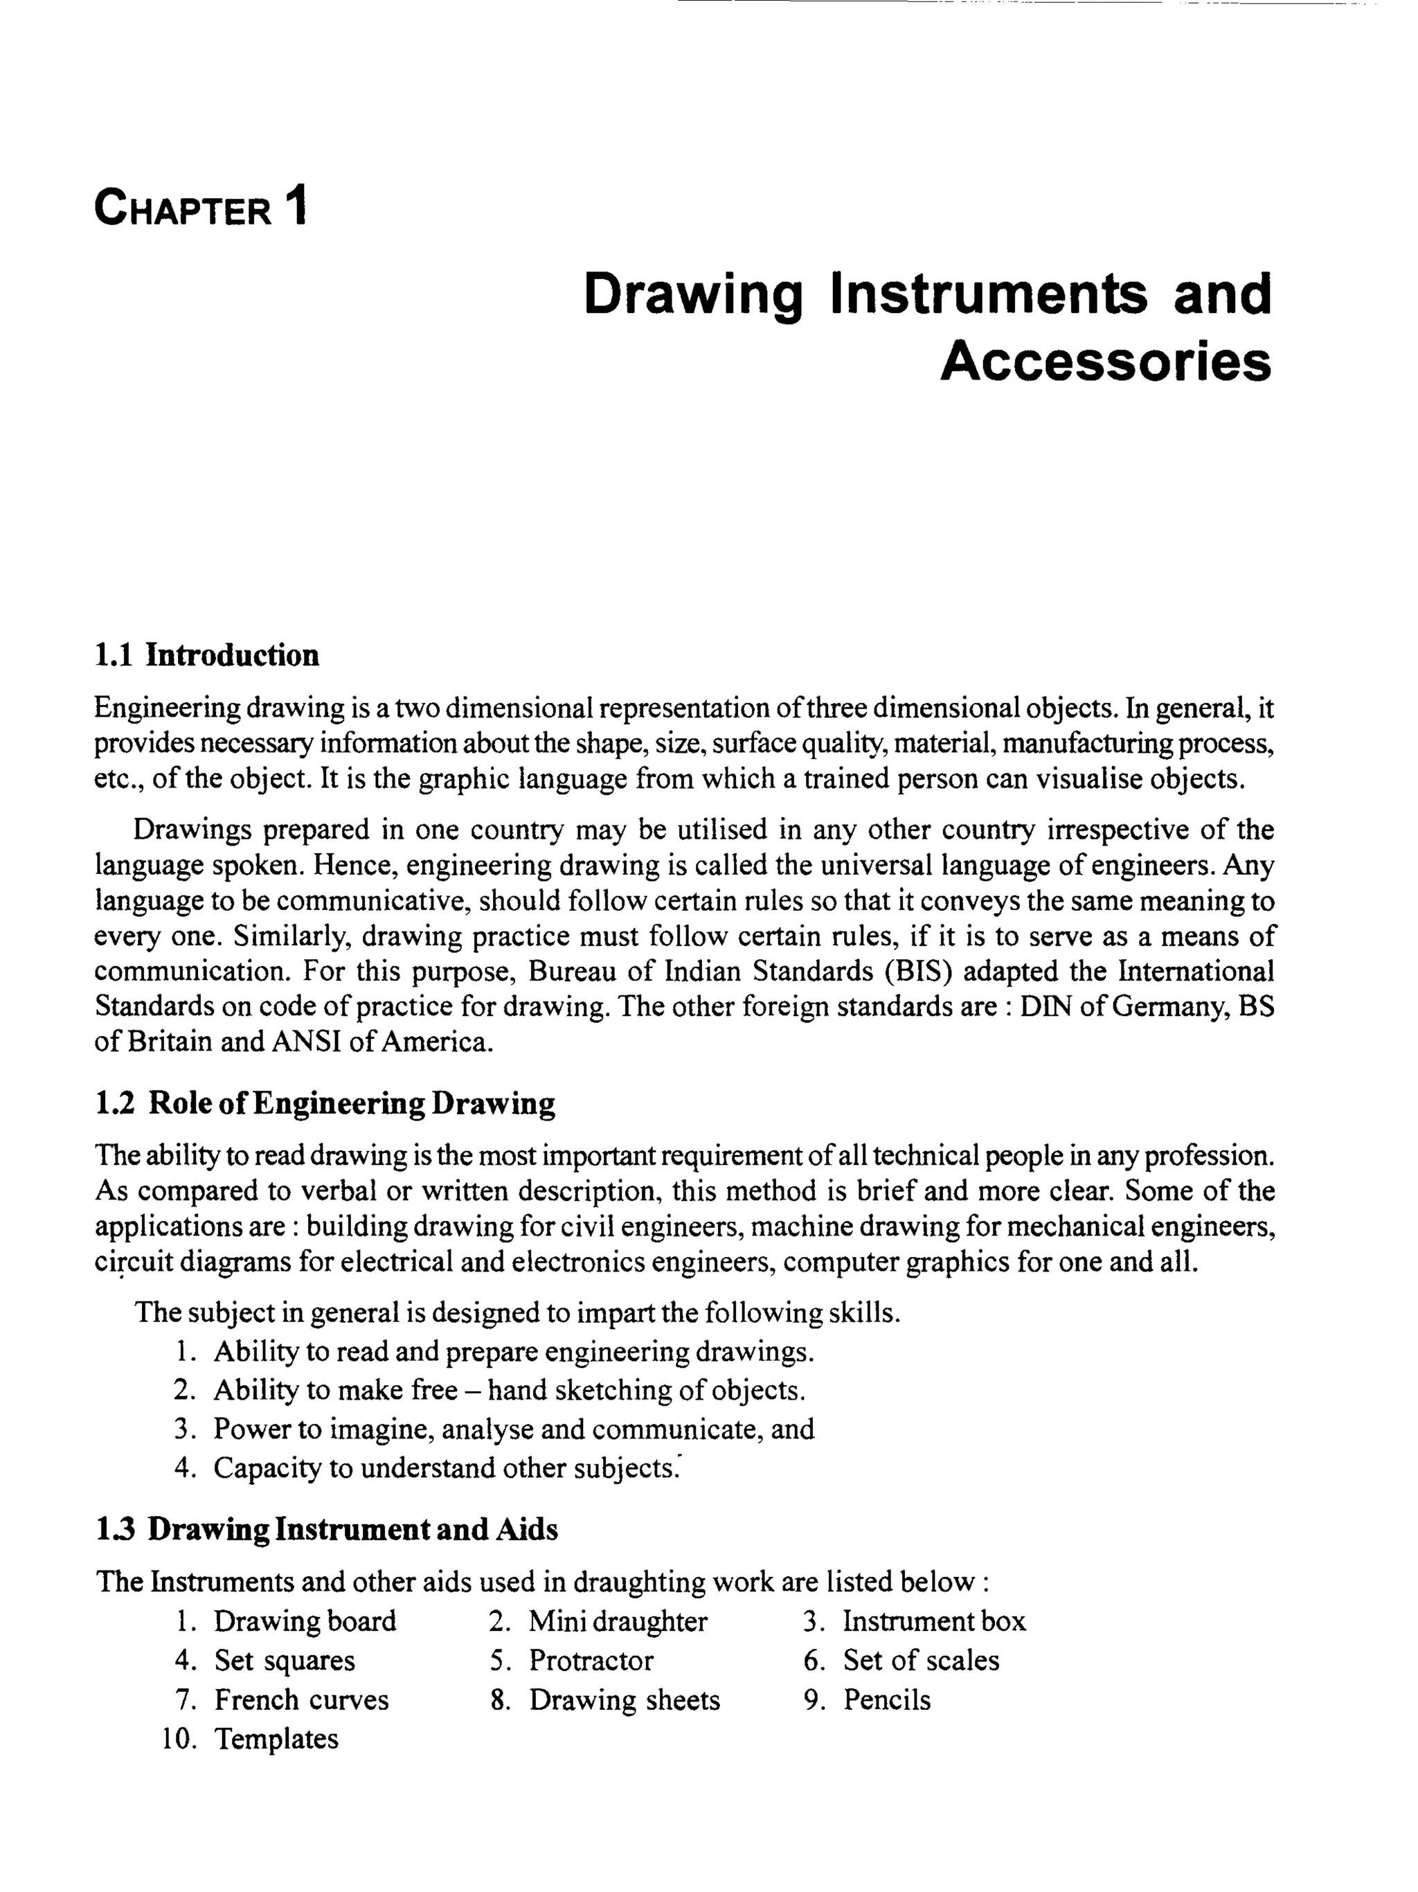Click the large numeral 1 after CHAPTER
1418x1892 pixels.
296,208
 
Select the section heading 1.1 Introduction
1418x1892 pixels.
206,655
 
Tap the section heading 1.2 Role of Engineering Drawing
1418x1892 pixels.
325,1103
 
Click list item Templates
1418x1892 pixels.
276,1739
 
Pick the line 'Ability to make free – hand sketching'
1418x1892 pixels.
509,1390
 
